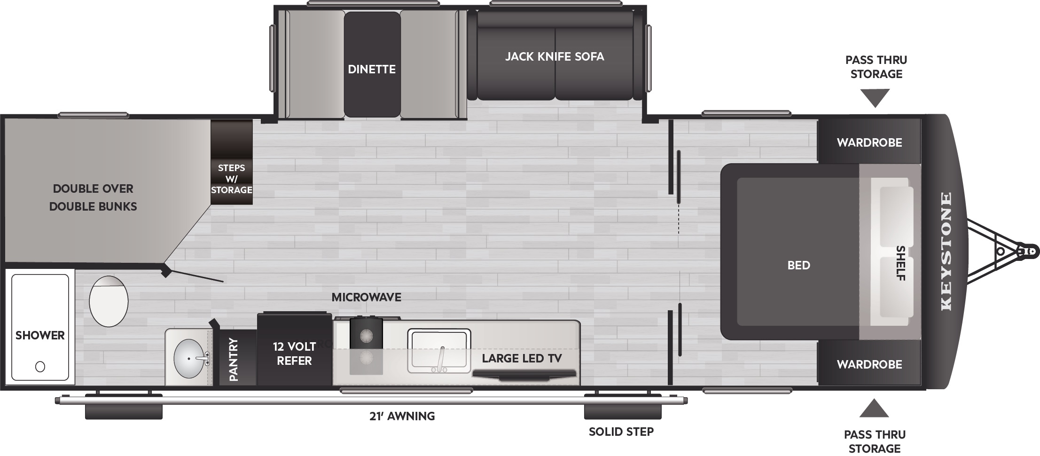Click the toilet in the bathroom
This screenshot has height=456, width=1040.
pyautogui.click(x=109, y=301)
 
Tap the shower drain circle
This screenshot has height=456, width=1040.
pyautogui.click(x=40, y=366)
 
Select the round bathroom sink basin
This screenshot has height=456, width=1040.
pyautogui.click(x=189, y=359)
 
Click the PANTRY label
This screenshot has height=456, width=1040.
pyautogui.click(x=234, y=360)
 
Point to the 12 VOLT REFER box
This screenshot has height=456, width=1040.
pyautogui.click(x=294, y=354)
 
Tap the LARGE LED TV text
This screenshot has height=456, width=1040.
pyautogui.click(x=522, y=358)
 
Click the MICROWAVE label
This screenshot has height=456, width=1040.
pyautogui.click(x=366, y=297)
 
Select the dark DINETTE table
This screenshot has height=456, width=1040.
pyautogui.click(x=372, y=65)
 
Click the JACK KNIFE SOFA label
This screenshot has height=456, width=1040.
pyautogui.click(x=555, y=56)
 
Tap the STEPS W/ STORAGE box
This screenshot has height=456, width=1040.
pyautogui.click(x=231, y=179)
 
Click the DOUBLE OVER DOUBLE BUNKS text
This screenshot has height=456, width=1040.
pyautogui.click(x=93, y=197)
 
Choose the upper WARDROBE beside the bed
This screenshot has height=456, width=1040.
pyautogui.click(x=869, y=142)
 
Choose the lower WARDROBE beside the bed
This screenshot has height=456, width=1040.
pyautogui.click(x=869, y=364)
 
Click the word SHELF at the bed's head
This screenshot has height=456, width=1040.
pyautogui.click(x=900, y=263)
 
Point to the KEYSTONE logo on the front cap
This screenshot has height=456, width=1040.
pyautogui.click(x=946, y=252)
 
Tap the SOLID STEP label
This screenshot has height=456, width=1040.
pyautogui.click(x=621, y=432)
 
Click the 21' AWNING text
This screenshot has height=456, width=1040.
pyautogui.click(x=402, y=416)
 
